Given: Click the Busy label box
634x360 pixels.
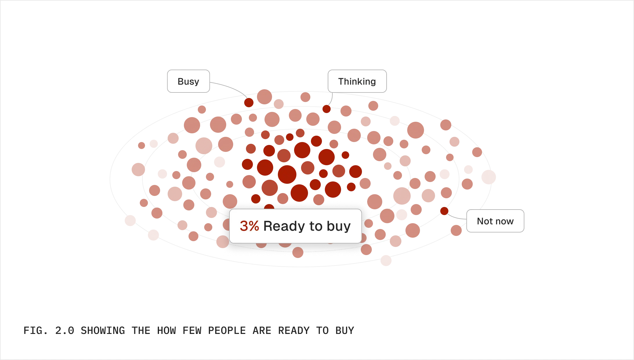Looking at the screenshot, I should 189,81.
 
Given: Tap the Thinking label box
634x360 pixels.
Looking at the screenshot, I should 357,81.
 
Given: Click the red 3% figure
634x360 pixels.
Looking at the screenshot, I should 249,226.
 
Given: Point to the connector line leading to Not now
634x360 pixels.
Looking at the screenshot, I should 457,217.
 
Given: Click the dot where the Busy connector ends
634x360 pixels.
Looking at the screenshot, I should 249,102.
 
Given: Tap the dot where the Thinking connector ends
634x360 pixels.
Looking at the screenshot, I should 327,109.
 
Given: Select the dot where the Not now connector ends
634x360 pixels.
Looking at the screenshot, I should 444,211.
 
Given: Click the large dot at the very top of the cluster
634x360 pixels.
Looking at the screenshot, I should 265,97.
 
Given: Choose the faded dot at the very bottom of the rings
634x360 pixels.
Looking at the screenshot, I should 386,261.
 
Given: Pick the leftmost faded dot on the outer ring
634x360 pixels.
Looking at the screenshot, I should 130,220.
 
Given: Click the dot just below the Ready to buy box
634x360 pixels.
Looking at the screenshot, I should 298,252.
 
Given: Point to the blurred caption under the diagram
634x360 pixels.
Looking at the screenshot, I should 189,330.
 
